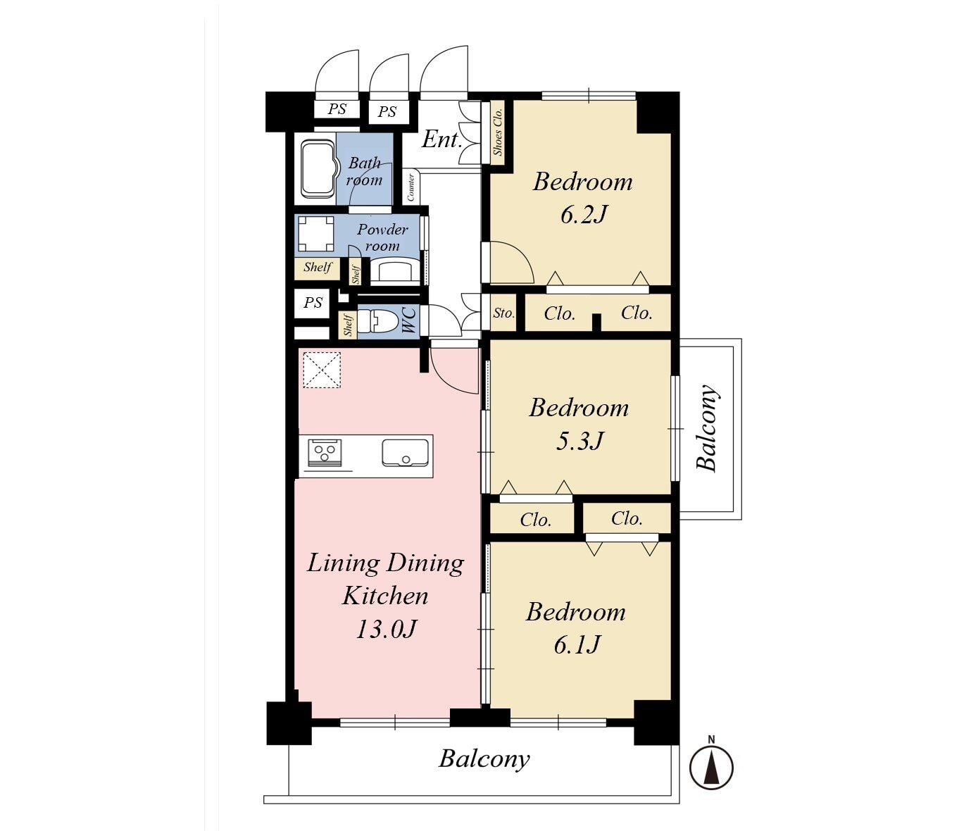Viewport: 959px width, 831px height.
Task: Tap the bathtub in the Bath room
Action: click(318, 169)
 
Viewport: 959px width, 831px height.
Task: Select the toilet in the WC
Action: click(376, 320)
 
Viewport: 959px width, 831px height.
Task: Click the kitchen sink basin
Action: click(405, 452)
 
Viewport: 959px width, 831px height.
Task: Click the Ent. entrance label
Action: click(441, 139)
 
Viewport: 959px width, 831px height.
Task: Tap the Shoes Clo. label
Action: click(497, 132)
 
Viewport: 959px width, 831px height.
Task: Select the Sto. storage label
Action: click(503, 313)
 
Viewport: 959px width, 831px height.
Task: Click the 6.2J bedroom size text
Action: click(583, 214)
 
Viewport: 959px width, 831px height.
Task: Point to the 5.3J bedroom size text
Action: click(579, 440)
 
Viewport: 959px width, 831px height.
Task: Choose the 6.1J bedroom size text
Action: click(577, 644)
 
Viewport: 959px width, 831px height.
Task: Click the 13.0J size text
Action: click(387, 629)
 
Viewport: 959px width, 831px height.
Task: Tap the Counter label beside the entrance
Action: click(410, 187)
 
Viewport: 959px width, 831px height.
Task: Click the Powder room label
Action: click(382, 237)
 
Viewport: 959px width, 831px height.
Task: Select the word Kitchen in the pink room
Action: click(385, 596)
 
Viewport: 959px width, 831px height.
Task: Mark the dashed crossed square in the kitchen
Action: click(322, 369)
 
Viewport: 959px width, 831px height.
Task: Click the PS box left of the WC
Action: click(312, 303)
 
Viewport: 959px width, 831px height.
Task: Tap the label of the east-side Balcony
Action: click(708, 427)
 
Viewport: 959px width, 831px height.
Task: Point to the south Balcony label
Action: click(484, 759)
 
